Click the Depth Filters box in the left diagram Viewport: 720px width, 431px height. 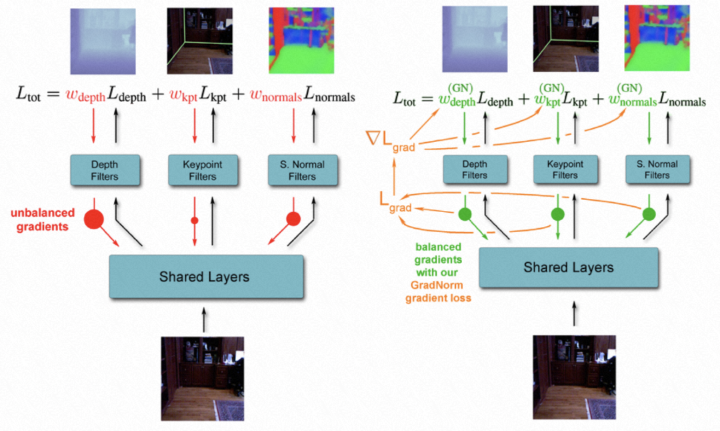(x=105, y=170)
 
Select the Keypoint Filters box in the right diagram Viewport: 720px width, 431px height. (x=565, y=169)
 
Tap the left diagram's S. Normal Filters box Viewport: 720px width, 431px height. (x=302, y=170)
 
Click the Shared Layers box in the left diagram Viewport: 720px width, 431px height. (x=206, y=277)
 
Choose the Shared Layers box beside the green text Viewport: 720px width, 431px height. (x=569, y=268)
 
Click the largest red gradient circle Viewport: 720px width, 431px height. (x=94, y=220)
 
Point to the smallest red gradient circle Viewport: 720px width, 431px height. (x=195, y=221)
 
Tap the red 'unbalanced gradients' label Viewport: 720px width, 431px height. (x=42, y=220)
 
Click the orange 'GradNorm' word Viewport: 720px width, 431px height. (x=437, y=285)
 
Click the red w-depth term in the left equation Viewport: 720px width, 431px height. (x=85, y=94)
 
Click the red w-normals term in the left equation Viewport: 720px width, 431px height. (x=275, y=94)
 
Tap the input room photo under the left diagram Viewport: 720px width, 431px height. (x=203, y=378)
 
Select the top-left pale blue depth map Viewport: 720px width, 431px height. (x=103, y=41)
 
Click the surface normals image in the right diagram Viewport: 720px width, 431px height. (x=657, y=38)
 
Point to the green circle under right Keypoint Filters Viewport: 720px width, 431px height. (x=557, y=214)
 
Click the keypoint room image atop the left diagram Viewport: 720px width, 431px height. (x=200, y=41)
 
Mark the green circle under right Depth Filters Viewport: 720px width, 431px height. (x=465, y=214)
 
